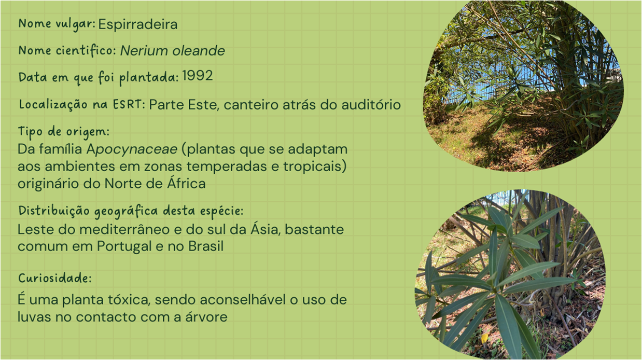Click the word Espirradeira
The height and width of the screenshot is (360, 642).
tap(138, 24)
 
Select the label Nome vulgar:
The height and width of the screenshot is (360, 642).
tap(57, 24)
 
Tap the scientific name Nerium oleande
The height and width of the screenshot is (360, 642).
tap(173, 51)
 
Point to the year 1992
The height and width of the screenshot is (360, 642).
tap(198, 76)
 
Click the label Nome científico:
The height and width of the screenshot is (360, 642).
tap(67, 51)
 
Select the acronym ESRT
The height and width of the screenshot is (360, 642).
tap(127, 104)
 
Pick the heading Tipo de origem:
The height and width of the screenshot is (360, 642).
tap(64, 132)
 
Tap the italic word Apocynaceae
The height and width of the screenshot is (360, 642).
tap(132, 149)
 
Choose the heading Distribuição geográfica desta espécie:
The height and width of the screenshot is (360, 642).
tap(131, 211)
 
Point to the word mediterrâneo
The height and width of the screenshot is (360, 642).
tap(124, 230)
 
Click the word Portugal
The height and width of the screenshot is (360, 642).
tap(124, 247)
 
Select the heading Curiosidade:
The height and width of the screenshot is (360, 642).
tap(55, 278)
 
